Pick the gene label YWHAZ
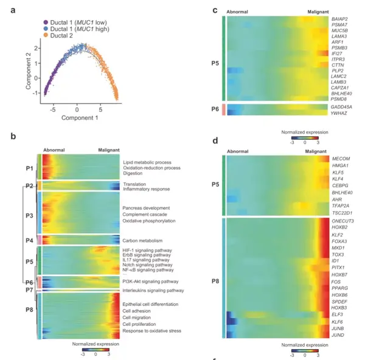point(339,112)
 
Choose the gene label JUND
point(338,335)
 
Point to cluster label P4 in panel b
point(29,240)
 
